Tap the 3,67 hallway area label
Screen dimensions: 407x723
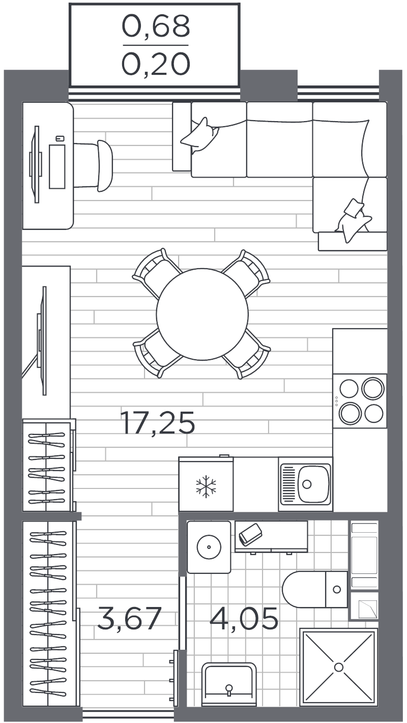(129, 618)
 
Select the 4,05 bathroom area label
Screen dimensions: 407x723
(244, 618)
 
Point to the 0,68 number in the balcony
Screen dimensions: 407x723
(156, 26)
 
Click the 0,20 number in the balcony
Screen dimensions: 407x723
(156, 64)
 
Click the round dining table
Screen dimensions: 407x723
(202, 314)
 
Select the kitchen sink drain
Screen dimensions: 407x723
(307, 484)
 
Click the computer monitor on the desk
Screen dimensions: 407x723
(36, 165)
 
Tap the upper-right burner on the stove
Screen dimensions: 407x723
(373, 388)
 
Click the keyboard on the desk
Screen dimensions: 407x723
(57, 166)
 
